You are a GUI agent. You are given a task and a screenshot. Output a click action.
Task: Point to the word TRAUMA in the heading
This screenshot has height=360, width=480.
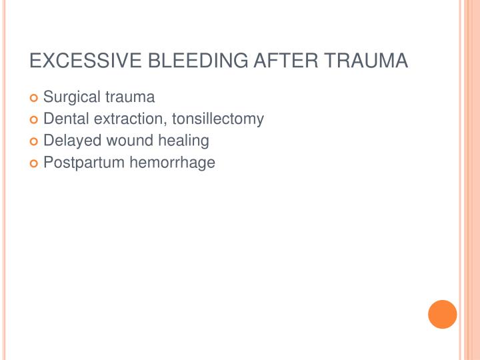pos(365,61)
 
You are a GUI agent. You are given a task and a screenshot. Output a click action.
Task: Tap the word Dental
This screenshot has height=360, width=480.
pos(64,119)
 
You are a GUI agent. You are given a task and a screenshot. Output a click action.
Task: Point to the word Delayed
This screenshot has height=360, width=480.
pos(69,141)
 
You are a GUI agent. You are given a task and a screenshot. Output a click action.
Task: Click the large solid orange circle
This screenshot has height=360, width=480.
pos(443,315)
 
